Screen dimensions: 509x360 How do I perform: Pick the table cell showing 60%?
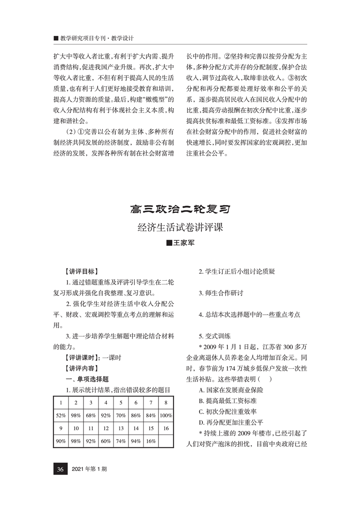pos(106,440)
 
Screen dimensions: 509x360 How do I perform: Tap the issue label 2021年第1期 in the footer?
pos(89,469)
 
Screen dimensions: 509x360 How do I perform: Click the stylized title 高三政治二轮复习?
pos(180,210)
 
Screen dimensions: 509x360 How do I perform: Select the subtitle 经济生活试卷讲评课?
pos(180,227)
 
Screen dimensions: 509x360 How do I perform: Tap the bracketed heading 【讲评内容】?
pos(81,368)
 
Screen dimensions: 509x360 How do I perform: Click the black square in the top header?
pos(56,39)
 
